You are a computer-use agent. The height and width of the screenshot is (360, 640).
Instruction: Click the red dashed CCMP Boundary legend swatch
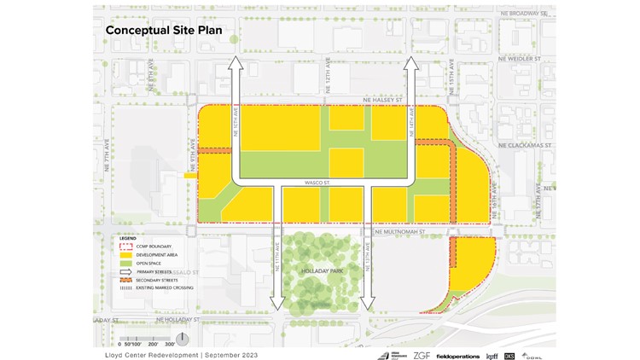click(125, 247)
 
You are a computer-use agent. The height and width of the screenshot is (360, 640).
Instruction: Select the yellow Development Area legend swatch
click(125, 255)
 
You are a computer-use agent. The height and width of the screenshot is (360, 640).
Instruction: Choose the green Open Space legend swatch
click(125, 264)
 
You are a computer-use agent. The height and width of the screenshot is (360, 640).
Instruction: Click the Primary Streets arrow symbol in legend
click(125, 272)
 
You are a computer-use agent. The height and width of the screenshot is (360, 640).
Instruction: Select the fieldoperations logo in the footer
click(457, 355)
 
